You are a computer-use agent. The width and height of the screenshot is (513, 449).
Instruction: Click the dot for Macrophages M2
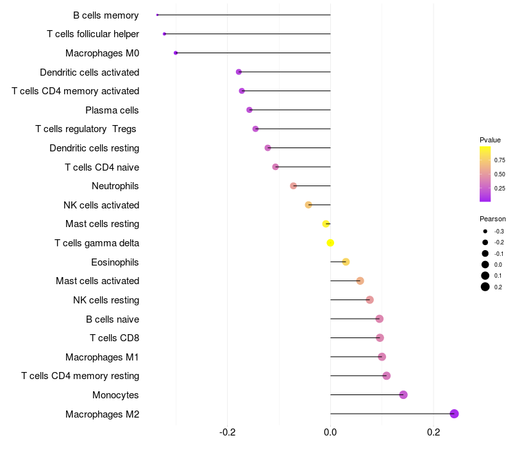455,414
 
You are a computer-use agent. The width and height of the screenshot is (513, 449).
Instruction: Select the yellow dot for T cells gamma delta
330,242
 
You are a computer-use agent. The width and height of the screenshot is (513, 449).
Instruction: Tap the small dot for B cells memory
157,15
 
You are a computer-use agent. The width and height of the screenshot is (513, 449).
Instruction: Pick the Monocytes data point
403,394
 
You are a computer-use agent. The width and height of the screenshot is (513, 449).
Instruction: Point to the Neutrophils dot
293,186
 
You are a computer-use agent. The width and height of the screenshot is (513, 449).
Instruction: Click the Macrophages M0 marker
176,53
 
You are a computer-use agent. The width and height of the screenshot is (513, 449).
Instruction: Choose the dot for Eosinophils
346,262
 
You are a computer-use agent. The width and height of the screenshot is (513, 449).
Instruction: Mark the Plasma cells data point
249,110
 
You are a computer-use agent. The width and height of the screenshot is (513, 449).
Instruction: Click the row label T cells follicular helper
93,33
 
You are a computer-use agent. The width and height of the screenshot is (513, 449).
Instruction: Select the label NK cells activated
101,205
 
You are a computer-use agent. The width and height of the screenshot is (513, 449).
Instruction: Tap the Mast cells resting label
102,224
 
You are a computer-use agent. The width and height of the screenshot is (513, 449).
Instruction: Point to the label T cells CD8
115,338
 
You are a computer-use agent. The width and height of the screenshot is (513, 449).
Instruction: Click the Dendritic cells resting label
94,148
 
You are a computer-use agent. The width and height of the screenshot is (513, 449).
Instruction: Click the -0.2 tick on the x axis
228,432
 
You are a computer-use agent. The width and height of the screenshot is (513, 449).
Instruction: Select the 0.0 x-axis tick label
330,432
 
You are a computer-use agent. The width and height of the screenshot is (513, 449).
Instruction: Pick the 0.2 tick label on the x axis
433,432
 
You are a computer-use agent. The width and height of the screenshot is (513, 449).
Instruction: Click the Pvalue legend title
490,140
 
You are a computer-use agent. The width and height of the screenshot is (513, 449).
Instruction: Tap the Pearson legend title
492,219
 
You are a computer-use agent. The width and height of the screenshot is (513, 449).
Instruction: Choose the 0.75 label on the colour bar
500,160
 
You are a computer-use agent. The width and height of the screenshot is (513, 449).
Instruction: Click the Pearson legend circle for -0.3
485,231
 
